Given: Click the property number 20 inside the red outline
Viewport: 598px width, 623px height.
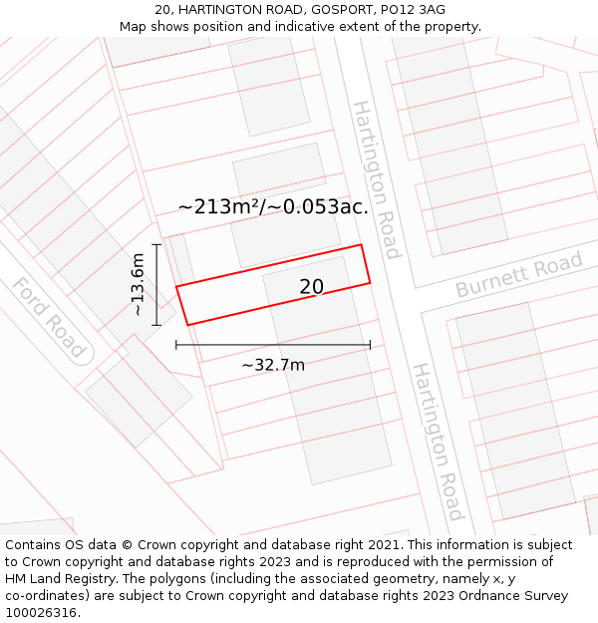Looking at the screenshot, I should tap(311, 287).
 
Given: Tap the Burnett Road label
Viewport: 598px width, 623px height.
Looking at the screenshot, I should tap(518, 275).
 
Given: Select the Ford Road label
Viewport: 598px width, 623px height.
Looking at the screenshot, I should tap(48, 317).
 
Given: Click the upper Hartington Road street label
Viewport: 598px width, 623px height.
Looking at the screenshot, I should tap(376, 179).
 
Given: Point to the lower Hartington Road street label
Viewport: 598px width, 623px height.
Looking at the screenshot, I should tap(438, 441).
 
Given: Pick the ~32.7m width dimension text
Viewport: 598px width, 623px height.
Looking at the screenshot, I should tap(273, 365).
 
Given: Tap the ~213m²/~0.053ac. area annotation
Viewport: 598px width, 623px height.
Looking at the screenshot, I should tap(273, 207).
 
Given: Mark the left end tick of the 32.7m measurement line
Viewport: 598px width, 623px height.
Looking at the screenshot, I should tap(176, 345).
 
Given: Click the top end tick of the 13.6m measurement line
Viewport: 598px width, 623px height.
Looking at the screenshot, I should tap(156, 243).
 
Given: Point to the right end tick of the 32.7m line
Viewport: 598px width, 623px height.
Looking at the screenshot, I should tap(370, 345).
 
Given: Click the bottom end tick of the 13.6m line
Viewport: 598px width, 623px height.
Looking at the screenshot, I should tap(156, 325).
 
